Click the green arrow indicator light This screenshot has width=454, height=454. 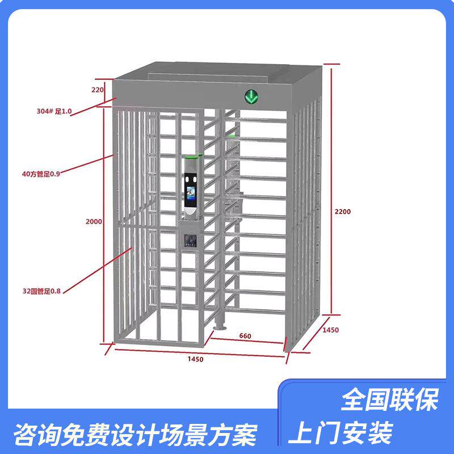click(251, 96)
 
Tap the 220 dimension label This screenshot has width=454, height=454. click(97, 90)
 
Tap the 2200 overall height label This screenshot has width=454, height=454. click(343, 212)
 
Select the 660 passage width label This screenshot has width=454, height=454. click(245, 336)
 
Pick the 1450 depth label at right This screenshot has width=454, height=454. click(330, 330)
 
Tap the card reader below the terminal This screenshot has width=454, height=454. click(191, 240)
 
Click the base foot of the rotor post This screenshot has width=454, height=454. click(219, 327)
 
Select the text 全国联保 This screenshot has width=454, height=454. click(389, 401)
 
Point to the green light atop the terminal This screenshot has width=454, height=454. click(192, 155)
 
